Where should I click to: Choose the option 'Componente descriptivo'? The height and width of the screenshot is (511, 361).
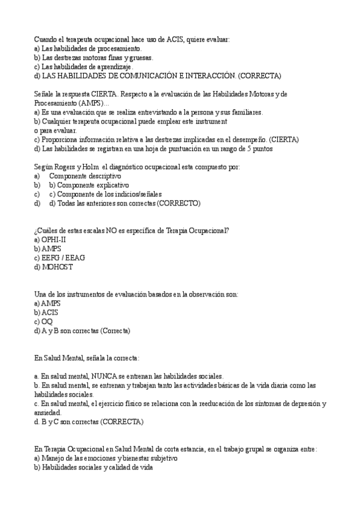tap(85, 176)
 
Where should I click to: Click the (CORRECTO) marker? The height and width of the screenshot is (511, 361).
tap(179, 203)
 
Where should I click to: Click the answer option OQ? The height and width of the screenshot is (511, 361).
tap(47, 321)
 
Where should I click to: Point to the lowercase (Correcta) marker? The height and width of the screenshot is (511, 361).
tap(116, 330)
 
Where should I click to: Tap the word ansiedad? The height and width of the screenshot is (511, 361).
tap(48, 413)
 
